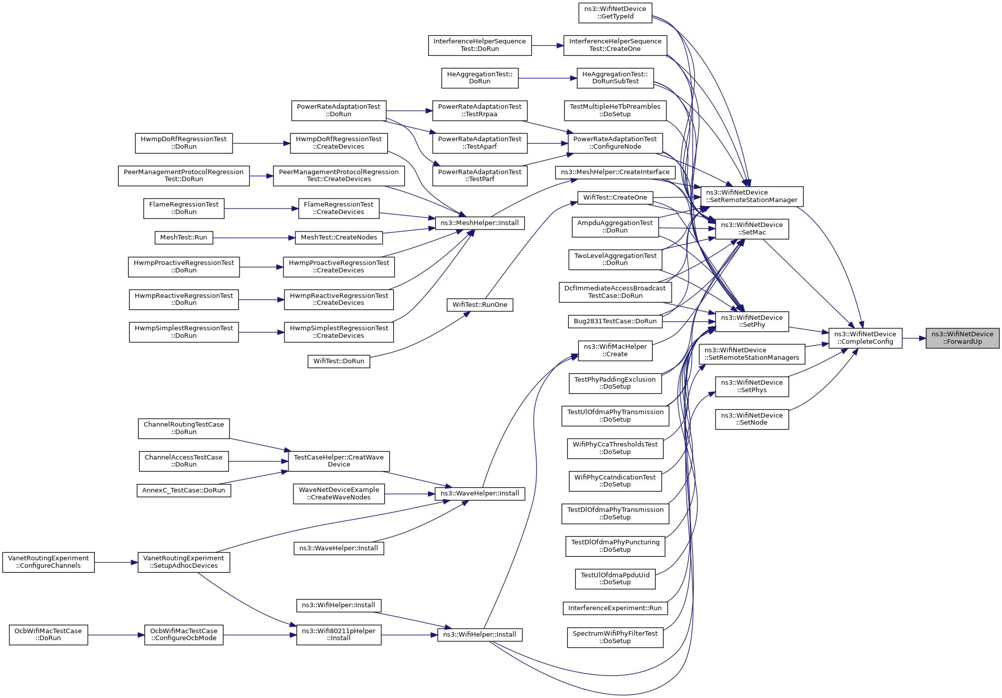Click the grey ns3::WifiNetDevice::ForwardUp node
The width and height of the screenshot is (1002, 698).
coord(962,338)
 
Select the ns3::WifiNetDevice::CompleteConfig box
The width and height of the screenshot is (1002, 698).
coord(865,338)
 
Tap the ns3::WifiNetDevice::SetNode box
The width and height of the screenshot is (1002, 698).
coord(751,419)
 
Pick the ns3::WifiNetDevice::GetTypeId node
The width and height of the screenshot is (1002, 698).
coord(615,13)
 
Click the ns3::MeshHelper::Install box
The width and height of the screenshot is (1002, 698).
coord(480,223)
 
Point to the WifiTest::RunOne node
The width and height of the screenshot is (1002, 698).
coord(480,305)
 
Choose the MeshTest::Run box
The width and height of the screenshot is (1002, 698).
coord(184,237)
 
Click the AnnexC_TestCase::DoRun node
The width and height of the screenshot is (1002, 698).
coord(184,490)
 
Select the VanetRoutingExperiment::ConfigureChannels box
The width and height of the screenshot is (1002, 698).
coord(48,562)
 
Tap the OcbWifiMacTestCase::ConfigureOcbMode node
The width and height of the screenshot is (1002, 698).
coord(184,635)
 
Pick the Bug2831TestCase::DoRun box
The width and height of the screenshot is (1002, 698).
coord(615,321)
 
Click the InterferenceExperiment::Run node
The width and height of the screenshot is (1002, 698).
coord(615,608)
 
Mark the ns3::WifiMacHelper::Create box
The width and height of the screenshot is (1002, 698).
coord(615,350)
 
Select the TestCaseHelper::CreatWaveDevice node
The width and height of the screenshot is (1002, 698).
coord(339,461)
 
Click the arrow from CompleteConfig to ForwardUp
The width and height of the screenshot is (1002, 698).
coord(914,338)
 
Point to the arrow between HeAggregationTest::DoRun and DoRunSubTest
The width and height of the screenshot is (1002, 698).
coord(547,78)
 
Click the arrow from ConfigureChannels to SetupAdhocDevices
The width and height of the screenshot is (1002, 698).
coord(116,562)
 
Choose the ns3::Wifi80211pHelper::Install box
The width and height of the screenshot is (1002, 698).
coord(339,635)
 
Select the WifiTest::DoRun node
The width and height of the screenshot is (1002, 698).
coord(339,361)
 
